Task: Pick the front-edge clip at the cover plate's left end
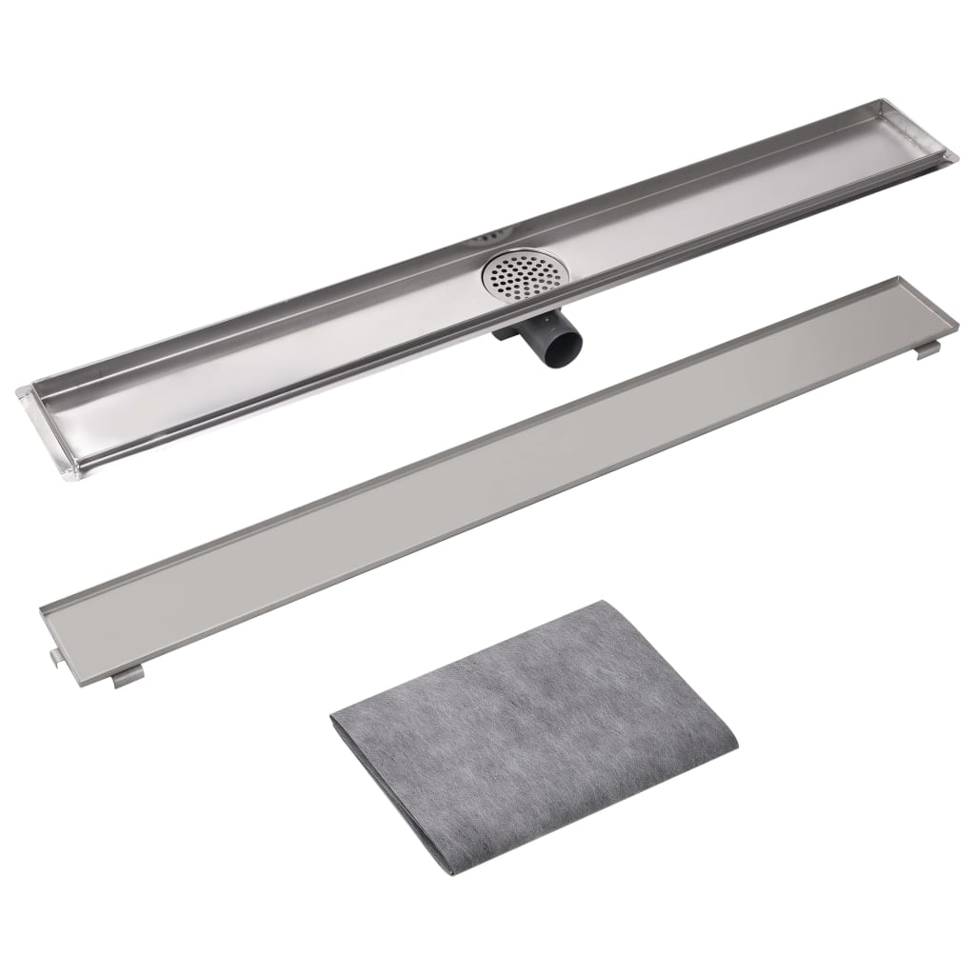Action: [x=128, y=677]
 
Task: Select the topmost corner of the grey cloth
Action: [x=598, y=602]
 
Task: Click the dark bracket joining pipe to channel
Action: [x=507, y=333]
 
